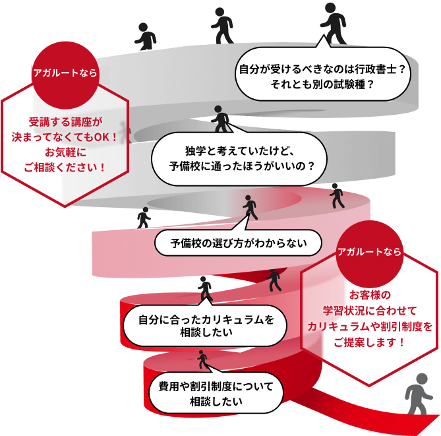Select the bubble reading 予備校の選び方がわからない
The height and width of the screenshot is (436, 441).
point(239,243)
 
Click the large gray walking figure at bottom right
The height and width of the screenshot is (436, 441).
point(417,394)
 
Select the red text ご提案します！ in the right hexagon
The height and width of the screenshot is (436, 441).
point(369,342)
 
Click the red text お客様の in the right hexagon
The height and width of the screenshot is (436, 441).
point(369,294)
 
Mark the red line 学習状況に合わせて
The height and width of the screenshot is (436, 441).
point(369,310)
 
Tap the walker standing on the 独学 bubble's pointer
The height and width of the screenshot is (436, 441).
point(220,119)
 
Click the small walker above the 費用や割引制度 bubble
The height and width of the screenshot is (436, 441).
point(202,359)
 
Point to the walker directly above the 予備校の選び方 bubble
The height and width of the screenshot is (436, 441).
point(249,207)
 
